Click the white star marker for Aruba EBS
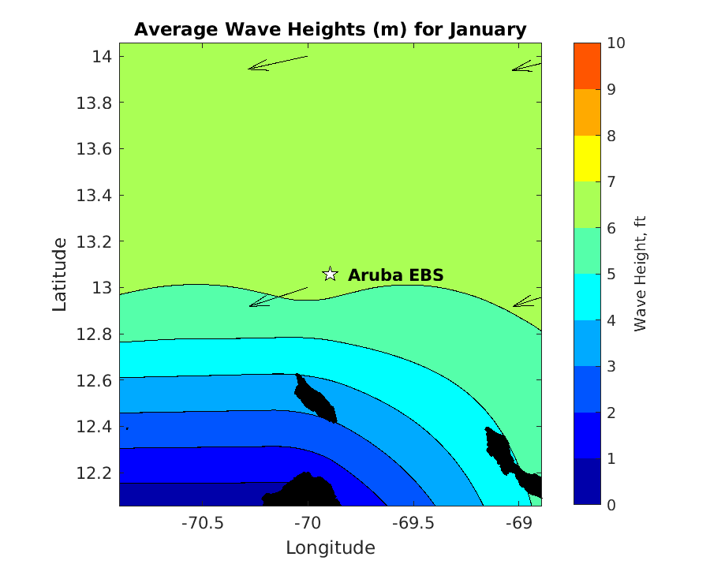click(x=331, y=275)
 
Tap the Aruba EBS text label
click(x=395, y=275)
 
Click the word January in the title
click(x=487, y=30)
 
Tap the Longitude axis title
click(x=330, y=547)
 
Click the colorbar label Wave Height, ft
click(x=640, y=273)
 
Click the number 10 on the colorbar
click(x=616, y=43)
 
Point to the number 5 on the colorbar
click(x=611, y=275)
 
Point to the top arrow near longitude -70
click(x=278, y=62)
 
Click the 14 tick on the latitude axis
click(x=102, y=57)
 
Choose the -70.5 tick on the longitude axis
click(x=203, y=523)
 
